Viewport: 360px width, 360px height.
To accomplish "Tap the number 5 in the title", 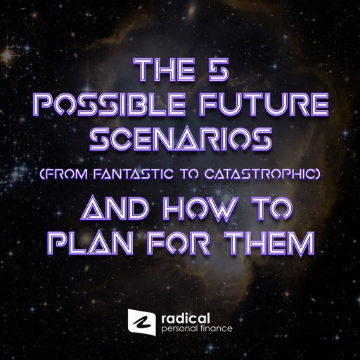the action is click(x=219, y=70).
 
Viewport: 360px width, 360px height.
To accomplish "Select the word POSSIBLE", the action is click(x=109, y=105).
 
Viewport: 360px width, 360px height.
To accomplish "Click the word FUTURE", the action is click(x=264, y=105).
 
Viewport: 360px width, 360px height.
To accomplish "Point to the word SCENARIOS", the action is click(x=181, y=139).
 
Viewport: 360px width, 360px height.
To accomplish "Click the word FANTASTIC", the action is click(x=134, y=174).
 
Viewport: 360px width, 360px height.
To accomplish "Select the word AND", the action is click(x=114, y=209).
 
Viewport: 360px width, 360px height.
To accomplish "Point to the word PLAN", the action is click(x=89, y=243).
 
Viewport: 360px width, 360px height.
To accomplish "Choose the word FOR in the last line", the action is click(x=179, y=243).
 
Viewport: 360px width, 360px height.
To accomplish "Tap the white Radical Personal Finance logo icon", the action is click(x=142, y=322).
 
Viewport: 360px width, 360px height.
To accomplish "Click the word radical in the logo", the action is click(x=186, y=319).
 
